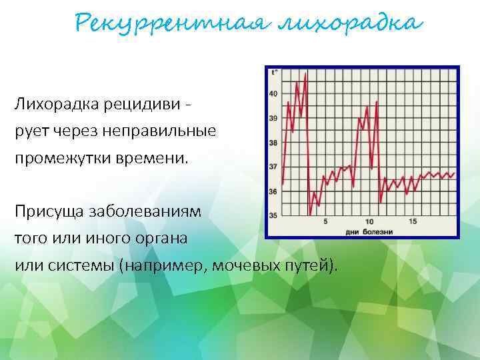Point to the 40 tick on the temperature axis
[273, 94]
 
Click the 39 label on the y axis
[273, 119]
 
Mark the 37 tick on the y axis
[273, 167]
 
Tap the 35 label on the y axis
[273, 215]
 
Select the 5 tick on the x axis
[325, 222]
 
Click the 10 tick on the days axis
[369, 222]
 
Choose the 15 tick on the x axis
[413, 222]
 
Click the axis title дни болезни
[369, 231]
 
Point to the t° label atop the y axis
[273, 73]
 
